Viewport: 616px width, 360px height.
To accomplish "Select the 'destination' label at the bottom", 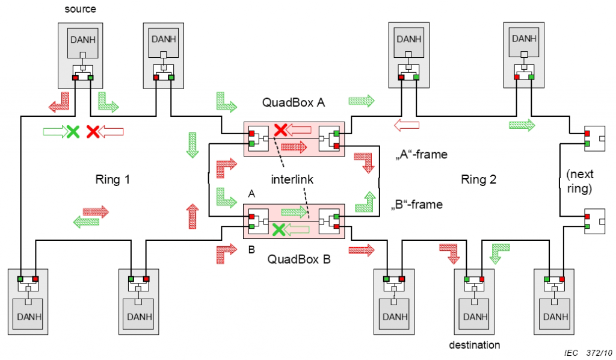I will pyautogui.click(x=475, y=345).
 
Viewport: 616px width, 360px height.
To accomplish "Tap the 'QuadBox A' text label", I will pyautogui.click(x=294, y=102).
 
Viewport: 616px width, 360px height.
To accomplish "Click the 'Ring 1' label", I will pyautogui.click(x=112, y=179).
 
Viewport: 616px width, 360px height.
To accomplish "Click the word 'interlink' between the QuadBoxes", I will pyautogui.click(x=292, y=179).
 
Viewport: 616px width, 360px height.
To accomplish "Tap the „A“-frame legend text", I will pyautogui.click(x=421, y=154).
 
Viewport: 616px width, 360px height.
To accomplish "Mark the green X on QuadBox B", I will pyautogui.click(x=278, y=229).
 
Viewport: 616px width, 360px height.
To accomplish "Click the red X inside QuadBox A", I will pyautogui.click(x=280, y=129).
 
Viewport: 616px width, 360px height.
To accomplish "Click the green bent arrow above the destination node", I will pyautogui.click(x=500, y=252).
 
